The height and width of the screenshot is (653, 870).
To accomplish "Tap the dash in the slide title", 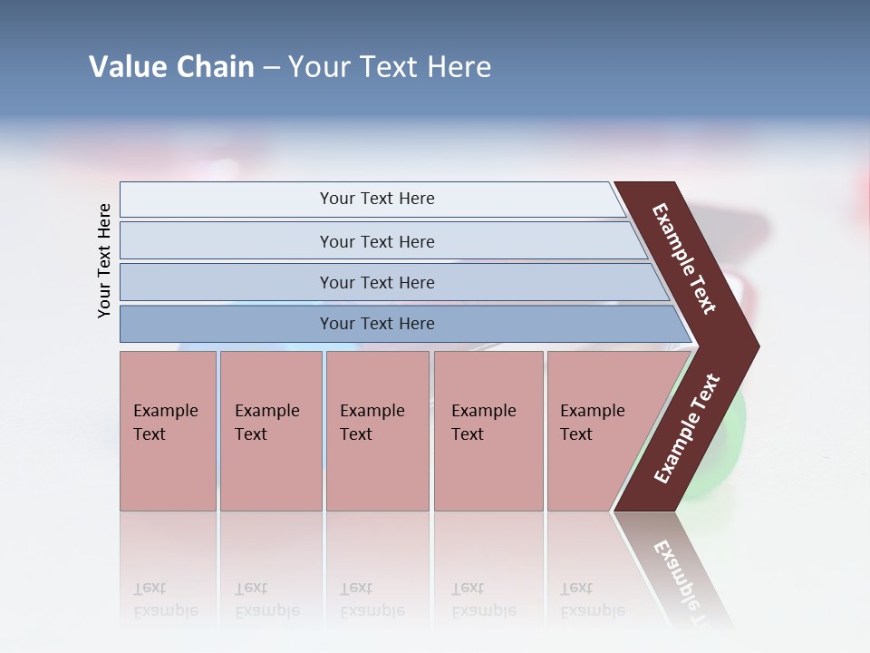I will click(x=271, y=68).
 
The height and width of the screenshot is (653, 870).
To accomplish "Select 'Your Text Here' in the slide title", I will click(x=390, y=67).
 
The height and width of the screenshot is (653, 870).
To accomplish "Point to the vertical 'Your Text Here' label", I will click(x=104, y=260).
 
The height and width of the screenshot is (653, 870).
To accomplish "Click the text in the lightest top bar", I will click(x=377, y=199).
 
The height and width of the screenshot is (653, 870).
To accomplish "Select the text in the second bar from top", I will click(x=377, y=242).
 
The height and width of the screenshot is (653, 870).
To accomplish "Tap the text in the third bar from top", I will click(x=377, y=283).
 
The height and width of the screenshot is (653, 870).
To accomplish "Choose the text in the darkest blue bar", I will click(x=377, y=324).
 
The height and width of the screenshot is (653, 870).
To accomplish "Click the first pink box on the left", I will click(x=168, y=430).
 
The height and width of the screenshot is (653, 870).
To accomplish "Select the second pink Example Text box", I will click(x=270, y=430).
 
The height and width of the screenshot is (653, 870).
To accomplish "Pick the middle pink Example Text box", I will click(x=377, y=430).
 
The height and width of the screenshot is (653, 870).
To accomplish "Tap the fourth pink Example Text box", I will click(x=488, y=430).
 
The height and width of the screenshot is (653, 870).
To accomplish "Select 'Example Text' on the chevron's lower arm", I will click(x=687, y=429).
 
